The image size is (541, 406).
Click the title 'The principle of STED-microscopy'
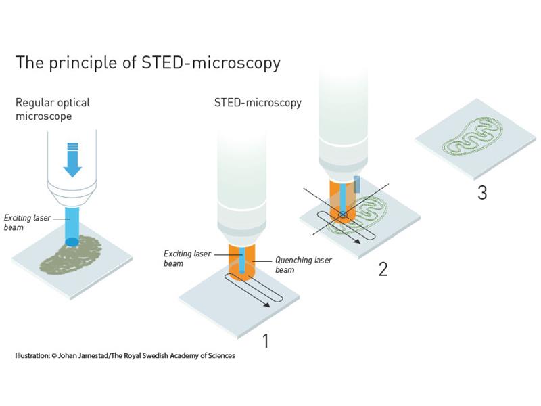click(148, 63)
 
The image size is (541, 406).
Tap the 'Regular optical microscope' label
click(53, 109)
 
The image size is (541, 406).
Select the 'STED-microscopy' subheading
click(258, 103)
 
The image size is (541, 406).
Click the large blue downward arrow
click(72, 160)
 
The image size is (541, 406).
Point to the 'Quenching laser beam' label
click(303, 265)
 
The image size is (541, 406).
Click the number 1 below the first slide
click(265, 341)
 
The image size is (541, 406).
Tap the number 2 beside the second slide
click(383, 269)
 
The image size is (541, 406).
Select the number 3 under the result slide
click(482, 193)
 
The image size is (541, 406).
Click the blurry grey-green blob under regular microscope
click(71, 255)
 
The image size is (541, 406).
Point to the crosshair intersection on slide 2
click(343, 215)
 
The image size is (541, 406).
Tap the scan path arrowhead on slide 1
click(266, 304)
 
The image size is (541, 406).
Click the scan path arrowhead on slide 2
click(357, 241)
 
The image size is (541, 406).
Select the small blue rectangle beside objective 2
click(357, 184)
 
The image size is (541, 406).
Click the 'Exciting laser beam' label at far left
click(27, 223)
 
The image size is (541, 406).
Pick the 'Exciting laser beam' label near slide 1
click(187, 258)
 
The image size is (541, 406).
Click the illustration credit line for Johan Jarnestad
click(125, 355)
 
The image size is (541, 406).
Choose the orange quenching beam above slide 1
click(241, 263)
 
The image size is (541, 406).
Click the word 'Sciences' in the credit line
click(222, 355)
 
